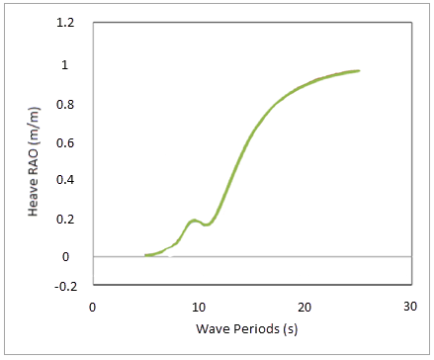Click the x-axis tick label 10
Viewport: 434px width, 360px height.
[198, 307]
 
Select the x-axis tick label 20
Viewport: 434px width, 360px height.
[304, 307]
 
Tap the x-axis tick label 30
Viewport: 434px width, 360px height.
[410, 307]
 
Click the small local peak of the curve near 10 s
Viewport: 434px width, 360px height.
[195, 220]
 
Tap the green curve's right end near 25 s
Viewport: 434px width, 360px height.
[358, 71]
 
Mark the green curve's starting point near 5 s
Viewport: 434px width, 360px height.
[145, 255]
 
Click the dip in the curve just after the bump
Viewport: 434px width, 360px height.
[207, 225]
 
